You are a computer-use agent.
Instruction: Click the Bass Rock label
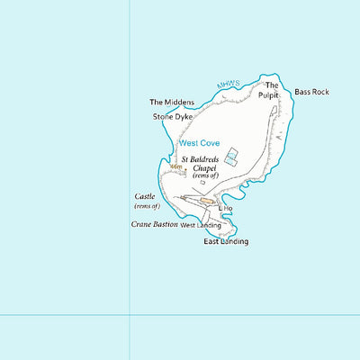click(x=312, y=92)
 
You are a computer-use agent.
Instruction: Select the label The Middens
click(x=172, y=103)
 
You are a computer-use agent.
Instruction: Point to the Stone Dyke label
click(x=173, y=116)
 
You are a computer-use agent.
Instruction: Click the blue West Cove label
click(x=198, y=142)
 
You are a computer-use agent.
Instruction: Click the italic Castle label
click(x=145, y=196)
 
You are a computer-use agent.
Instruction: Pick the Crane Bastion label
click(x=154, y=223)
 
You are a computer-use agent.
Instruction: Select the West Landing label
click(x=201, y=224)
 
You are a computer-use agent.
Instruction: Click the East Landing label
click(x=226, y=241)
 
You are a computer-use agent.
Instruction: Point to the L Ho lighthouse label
click(x=227, y=208)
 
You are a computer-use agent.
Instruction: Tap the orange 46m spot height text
click(x=176, y=166)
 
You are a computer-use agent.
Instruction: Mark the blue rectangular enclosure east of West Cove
click(x=232, y=157)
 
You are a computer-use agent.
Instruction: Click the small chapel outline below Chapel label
click(x=202, y=182)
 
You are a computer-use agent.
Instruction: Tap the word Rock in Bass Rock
click(x=321, y=92)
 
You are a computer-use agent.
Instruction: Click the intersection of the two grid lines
click(x=130, y=315)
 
